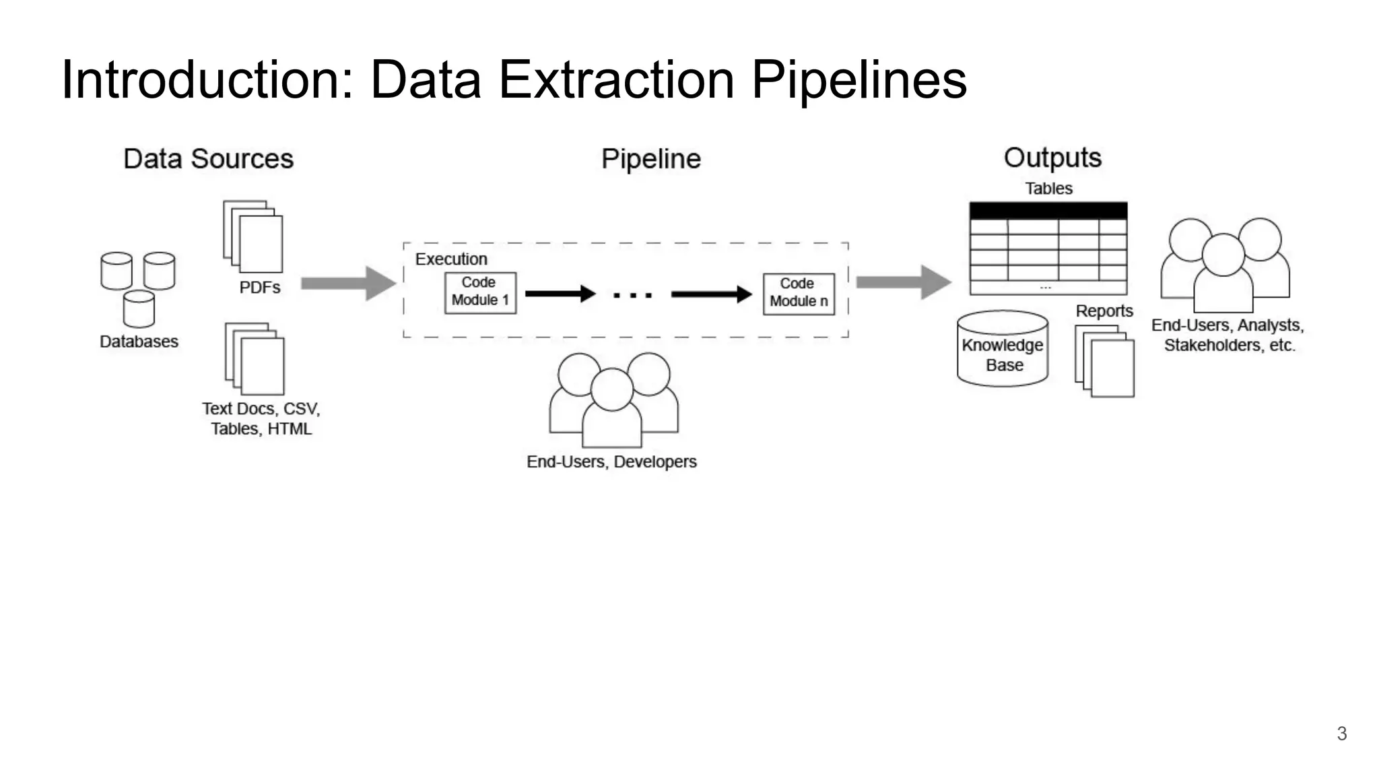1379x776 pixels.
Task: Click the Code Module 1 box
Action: tap(480, 292)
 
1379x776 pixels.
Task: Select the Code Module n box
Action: tap(799, 293)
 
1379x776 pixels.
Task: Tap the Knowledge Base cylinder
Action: tap(1003, 350)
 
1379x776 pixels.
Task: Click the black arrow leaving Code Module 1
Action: tap(560, 294)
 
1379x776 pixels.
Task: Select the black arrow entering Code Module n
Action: tap(710, 294)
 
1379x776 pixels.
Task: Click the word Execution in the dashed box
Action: tap(450, 259)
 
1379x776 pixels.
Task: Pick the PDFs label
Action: tap(260, 288)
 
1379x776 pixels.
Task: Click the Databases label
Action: tap(139, 342)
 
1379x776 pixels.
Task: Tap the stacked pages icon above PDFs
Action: tap(254, 236)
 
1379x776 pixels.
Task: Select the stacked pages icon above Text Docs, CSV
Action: tap(255, 358)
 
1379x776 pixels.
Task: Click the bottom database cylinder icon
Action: tap(139, 309)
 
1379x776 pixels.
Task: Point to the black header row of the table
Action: tap(1048, 210)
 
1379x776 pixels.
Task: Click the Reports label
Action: tap(1104, 311)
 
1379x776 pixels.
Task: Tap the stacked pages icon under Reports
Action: tap(1105, 362)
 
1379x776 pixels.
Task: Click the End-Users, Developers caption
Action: tap(611, 462)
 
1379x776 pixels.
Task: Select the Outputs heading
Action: tap(1052, 158)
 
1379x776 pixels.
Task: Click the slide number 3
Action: tap(1341, 734)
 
